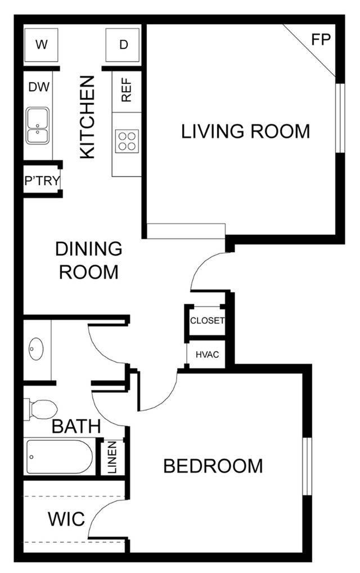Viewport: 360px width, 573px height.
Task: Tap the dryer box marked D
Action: click(124, 45)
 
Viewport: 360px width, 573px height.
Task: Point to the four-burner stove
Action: click(127, 140)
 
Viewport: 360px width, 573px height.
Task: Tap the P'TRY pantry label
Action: click(41, 181)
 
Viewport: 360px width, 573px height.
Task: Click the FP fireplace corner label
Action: click(321, 40)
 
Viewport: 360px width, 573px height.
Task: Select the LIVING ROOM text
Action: click(245, 131)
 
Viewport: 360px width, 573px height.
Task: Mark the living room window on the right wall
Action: click(339, 118)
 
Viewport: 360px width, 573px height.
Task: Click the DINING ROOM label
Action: click(89, 259)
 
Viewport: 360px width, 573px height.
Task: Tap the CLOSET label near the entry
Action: click(207, 321)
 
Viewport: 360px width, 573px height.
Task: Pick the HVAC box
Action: click(207, 355)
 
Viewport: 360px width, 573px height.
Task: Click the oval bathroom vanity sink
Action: click(37, 349)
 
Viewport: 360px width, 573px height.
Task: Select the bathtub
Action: click(59, 456)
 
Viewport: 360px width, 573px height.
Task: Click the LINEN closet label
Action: click(112, 457)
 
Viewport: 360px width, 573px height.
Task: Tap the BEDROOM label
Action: click(213, 466)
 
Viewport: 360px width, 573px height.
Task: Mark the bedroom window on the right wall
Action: click(307, 465)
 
